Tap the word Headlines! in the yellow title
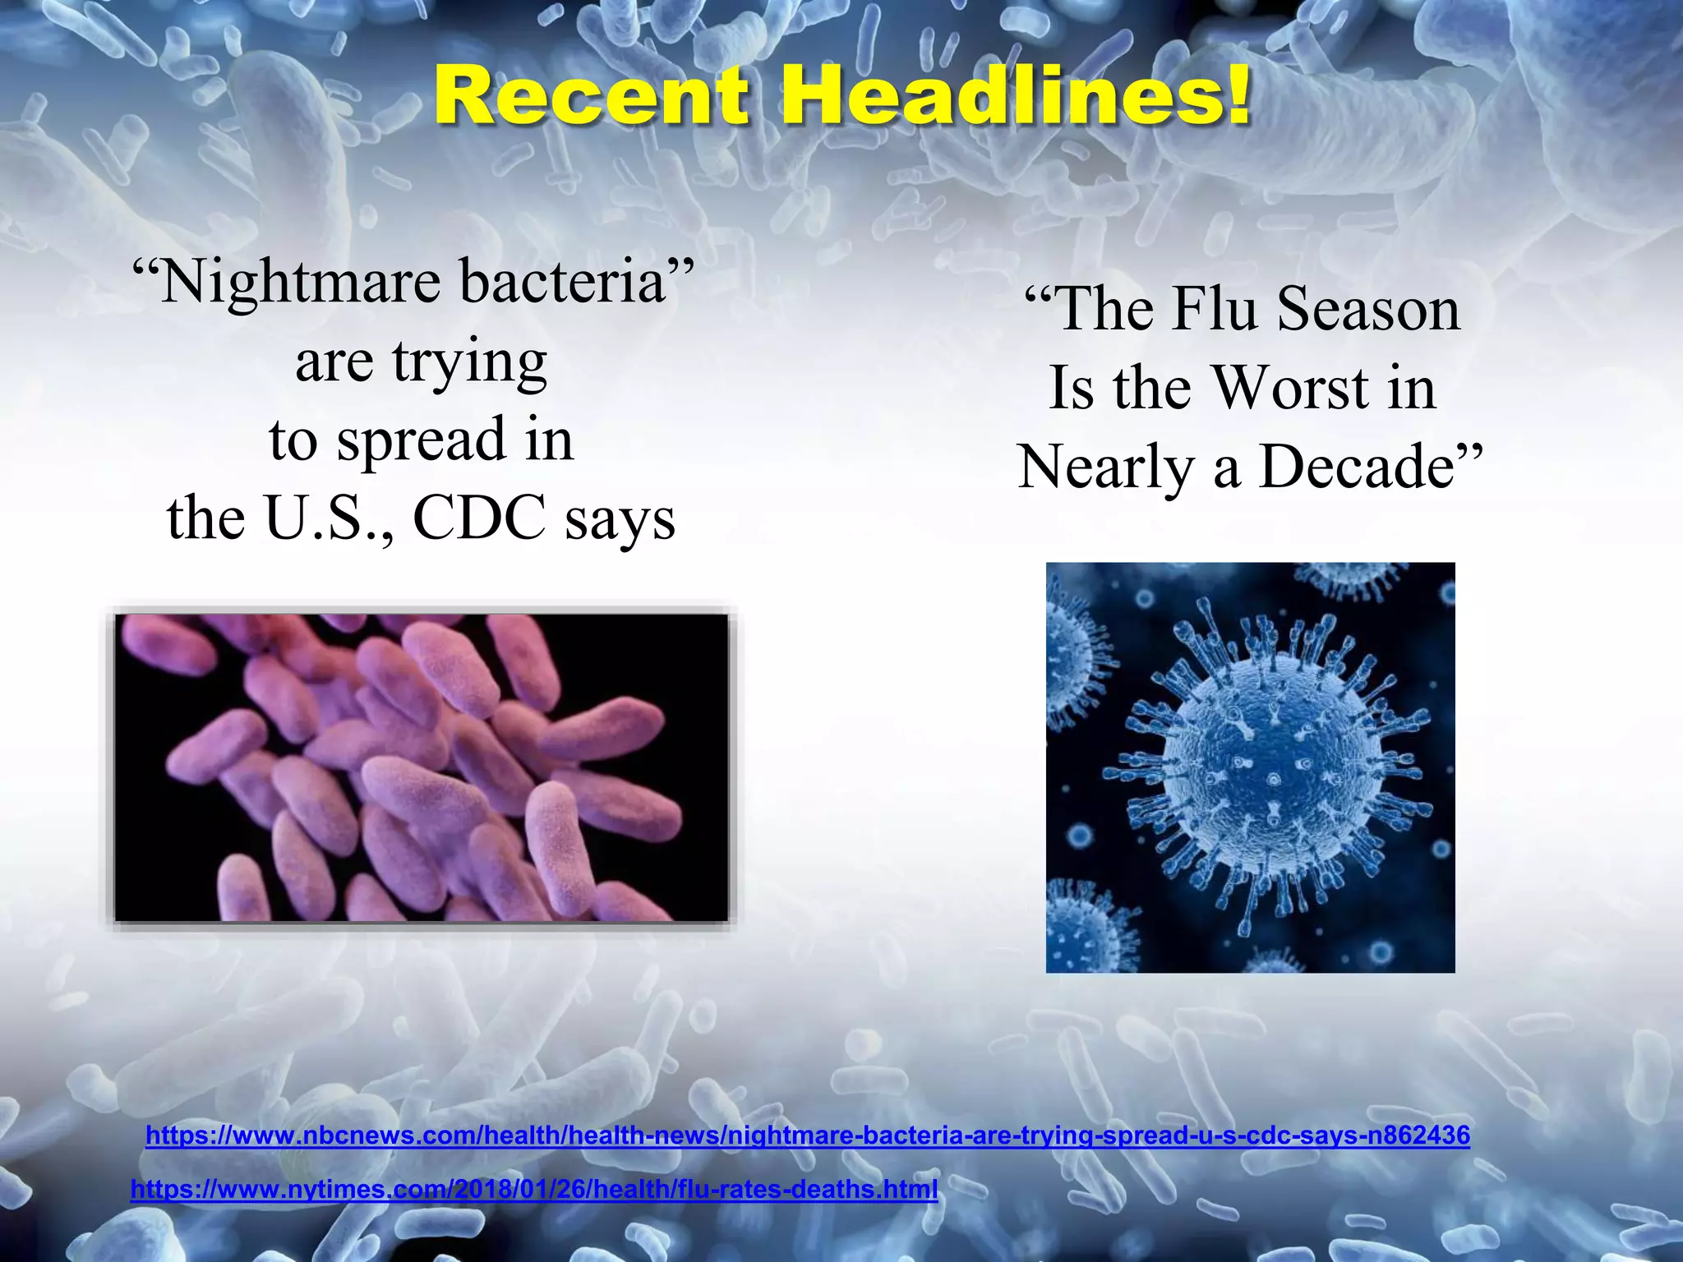1016,97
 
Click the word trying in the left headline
469,362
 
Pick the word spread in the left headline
422,440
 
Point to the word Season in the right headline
1368,309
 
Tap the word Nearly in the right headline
1105,467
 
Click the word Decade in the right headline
1357,467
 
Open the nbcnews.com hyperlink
808,1135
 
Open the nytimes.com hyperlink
534,1189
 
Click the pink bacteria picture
421,767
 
